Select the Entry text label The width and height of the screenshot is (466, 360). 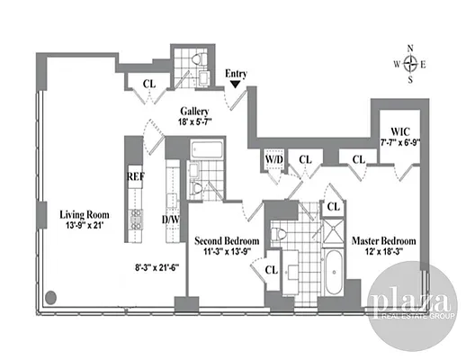coord(236,74)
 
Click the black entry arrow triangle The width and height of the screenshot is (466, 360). coord(236,85)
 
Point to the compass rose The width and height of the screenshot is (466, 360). coord(412,64)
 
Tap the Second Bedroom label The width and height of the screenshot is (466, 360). coord(228,241)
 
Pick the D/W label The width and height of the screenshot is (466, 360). coord(169,220)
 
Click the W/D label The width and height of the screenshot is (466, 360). coord(273,159)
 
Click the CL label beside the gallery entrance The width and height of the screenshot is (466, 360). coord(150,85)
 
